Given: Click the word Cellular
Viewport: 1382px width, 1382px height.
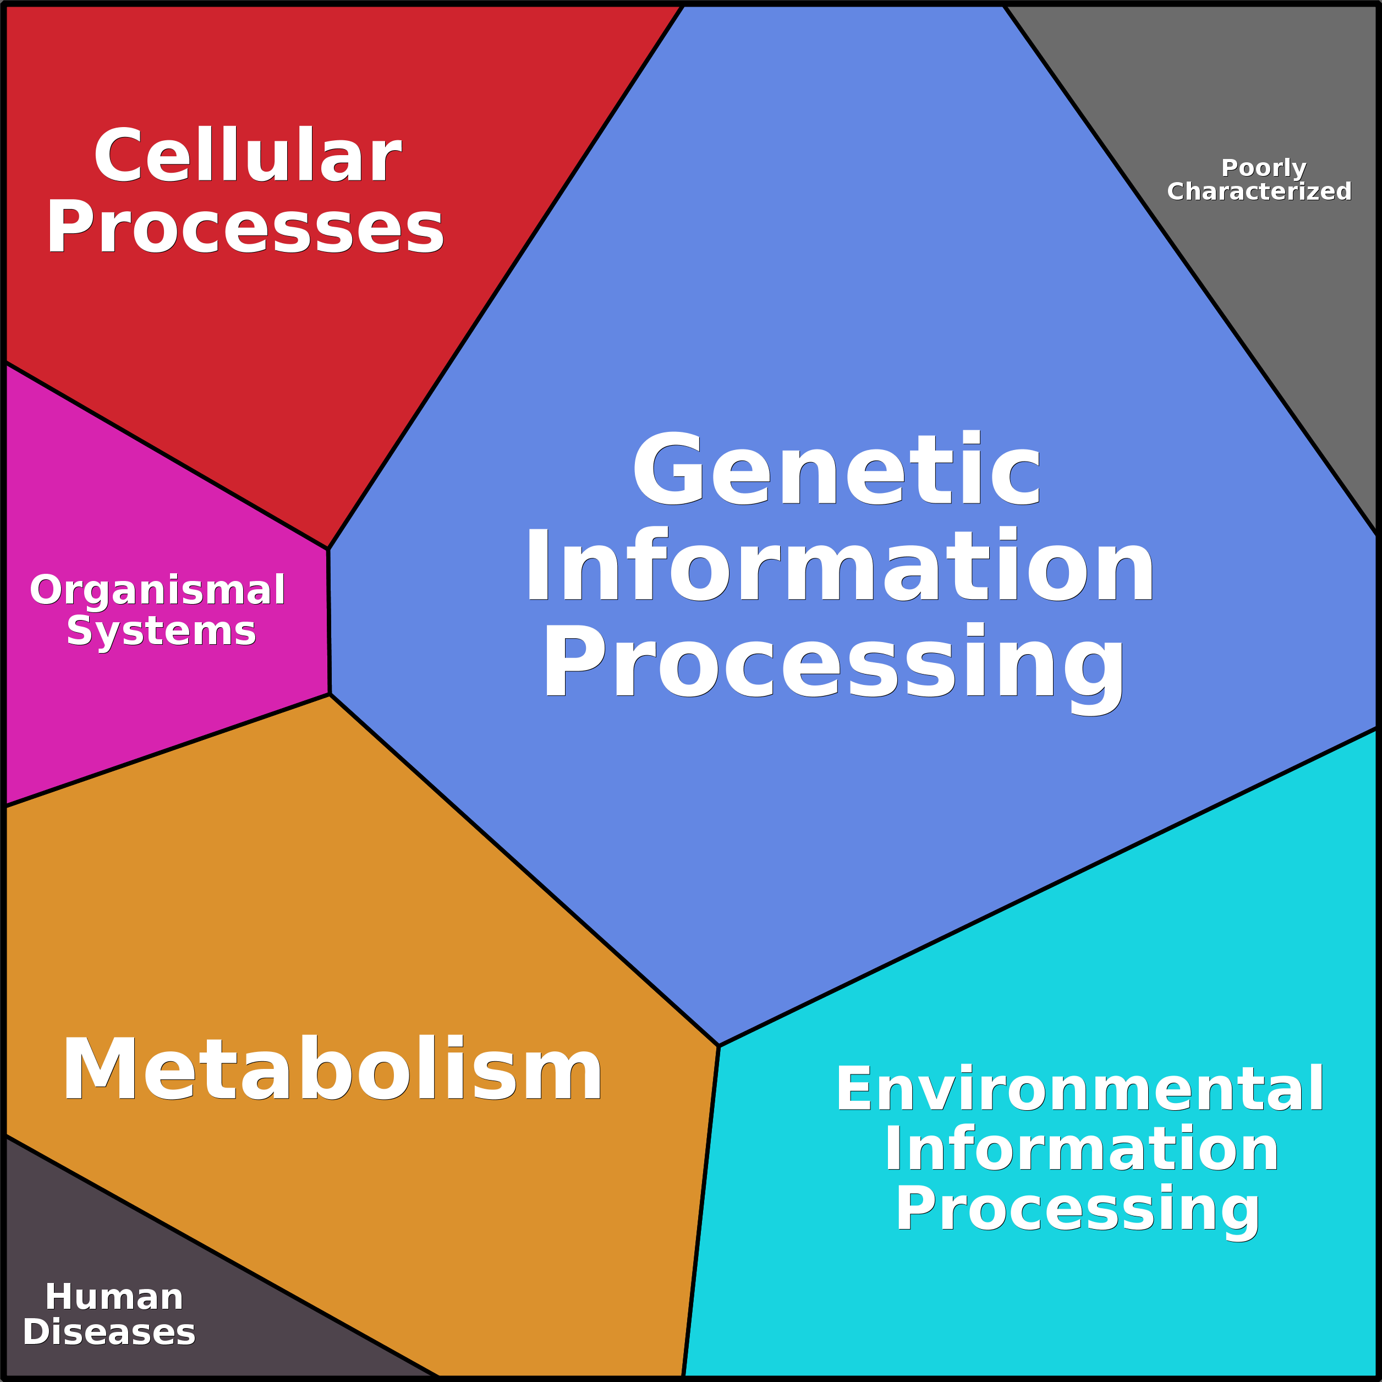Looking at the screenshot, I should click(x=248, y=155).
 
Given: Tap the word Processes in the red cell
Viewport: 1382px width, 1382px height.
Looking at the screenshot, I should click(x=245, y=227).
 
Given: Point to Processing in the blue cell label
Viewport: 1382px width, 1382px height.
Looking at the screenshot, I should click(x=834, y=662).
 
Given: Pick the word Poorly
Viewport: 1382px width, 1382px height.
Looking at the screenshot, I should click(x=1263, y=168).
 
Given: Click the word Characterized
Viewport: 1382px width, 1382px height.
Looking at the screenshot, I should click(x=1259, y=191).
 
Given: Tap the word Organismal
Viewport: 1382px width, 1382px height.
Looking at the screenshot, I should click(x=157, y=590).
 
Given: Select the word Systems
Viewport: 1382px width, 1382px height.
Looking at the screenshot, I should click(x=161, y=631).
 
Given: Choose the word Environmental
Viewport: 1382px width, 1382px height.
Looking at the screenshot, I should click(x=1080, y=1089).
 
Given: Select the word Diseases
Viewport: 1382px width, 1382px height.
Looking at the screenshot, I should click(x=109, y=1332).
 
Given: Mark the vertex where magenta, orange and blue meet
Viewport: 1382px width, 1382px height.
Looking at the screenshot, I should click(x=330, y=694).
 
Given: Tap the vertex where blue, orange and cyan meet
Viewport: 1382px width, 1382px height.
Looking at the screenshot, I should click(x=718, y=1046).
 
